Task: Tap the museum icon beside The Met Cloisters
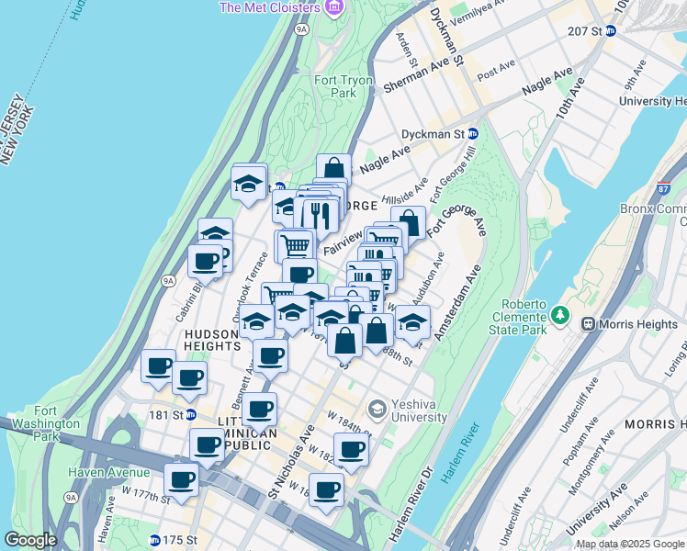pos(332,7)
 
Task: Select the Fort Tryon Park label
pos(343,86)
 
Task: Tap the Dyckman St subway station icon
pos(473,133)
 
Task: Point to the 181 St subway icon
pos(192,414)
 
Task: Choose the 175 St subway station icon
pos(154,539)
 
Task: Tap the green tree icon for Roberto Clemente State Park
pos(560,315)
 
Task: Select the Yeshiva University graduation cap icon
pos(377,407)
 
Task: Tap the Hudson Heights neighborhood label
pos(212,341)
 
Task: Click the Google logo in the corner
pos(30,540)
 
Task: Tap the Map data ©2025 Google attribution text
pos(630,544)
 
